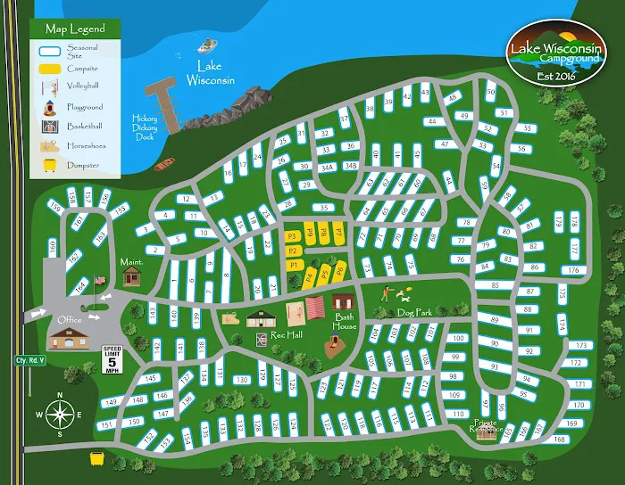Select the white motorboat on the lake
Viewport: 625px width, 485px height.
[209, 44]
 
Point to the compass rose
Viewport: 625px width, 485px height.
[60, 415]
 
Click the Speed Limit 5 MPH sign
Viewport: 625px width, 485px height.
[112, 359]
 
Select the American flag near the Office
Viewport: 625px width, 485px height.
[99, 281]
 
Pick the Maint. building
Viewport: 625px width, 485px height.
[132, 276]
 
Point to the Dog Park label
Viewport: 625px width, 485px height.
[414, 313]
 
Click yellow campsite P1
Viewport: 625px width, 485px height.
[293, 266]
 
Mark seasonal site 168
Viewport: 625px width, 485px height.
[559, 439]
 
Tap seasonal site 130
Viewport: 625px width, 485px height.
[241, 380]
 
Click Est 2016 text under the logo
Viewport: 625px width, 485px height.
[551, 76]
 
